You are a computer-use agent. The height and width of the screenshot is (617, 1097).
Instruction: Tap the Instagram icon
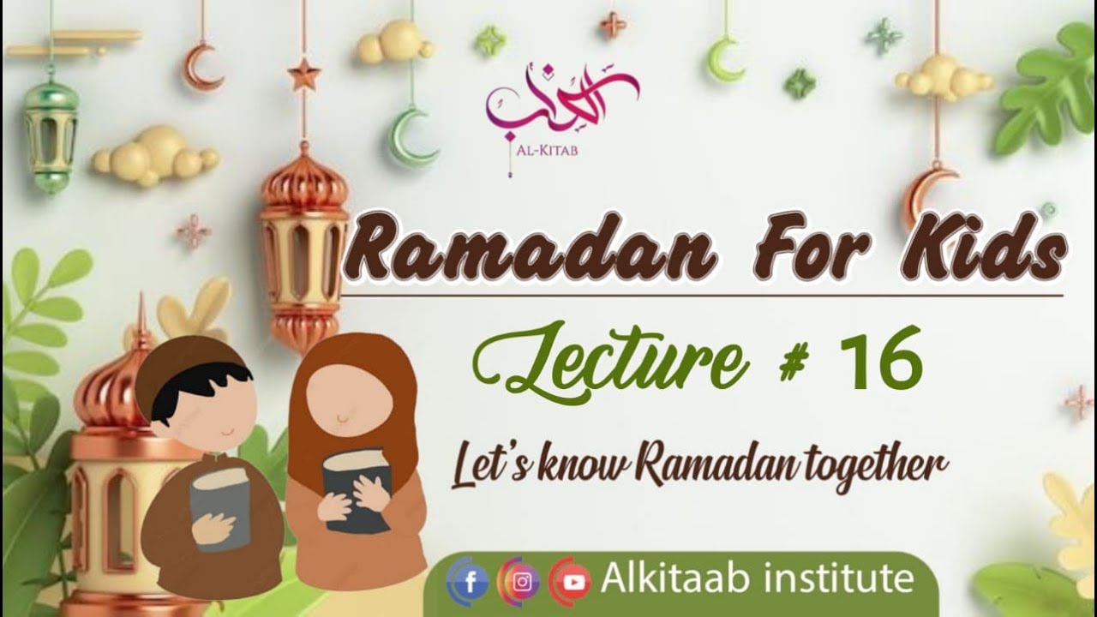point(522,583)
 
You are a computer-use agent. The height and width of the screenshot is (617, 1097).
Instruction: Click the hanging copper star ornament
point(303,75)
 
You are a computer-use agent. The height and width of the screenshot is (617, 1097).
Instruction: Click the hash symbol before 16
point(795,363)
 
